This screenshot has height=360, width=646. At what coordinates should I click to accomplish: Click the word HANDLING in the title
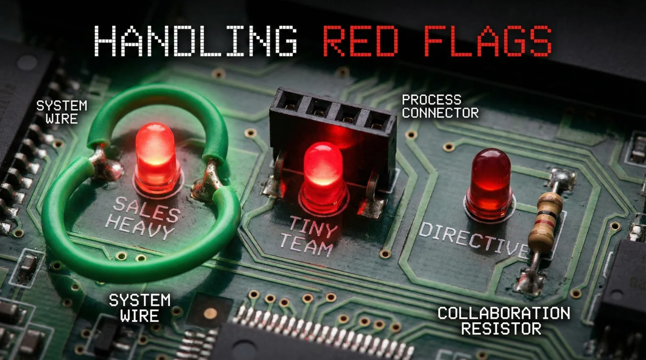click(195, 41)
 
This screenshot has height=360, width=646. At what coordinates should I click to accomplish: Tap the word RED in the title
click(361, 41)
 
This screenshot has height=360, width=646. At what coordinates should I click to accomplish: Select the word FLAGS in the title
click(488, 41)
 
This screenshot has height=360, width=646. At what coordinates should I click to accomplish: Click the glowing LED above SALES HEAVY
click(156, 158)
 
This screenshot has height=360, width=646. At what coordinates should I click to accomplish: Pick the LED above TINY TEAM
click(323, 176)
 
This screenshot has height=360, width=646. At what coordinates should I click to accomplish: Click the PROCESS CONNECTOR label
click(440, 106)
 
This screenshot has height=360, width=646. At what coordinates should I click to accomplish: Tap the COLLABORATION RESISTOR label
click(503, 320)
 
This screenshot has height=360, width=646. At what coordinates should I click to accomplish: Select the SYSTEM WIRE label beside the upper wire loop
click(62, 112)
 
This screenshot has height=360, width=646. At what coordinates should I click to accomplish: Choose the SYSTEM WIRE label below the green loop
click(140, 307)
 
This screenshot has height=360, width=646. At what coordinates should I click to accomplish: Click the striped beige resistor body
click(546, 222)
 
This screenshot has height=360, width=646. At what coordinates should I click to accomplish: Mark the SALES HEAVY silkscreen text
click(143, 218)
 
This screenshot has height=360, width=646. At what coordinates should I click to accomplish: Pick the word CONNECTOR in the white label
click(440, 112)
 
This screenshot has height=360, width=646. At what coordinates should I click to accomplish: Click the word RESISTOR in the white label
click(501, 328)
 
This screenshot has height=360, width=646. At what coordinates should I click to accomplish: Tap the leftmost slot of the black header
click(290, 101)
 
